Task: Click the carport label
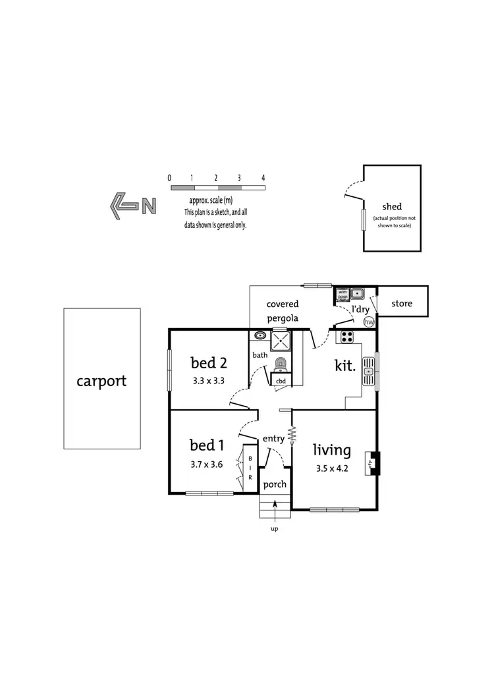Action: (x=101, y=380)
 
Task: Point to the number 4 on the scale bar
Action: (x=263, y=178)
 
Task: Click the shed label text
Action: (x=392, y=206)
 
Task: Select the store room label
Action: (x=402, y=304)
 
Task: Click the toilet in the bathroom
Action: (x=281, y=363)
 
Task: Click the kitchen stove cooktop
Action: (x=346, y=337)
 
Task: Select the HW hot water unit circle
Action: (x=369, y=322)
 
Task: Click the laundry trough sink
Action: (x=357, y=294)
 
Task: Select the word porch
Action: (x=275, y=484)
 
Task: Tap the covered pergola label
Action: (x=283, y=311)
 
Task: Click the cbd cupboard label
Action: (x=281, y=381)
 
